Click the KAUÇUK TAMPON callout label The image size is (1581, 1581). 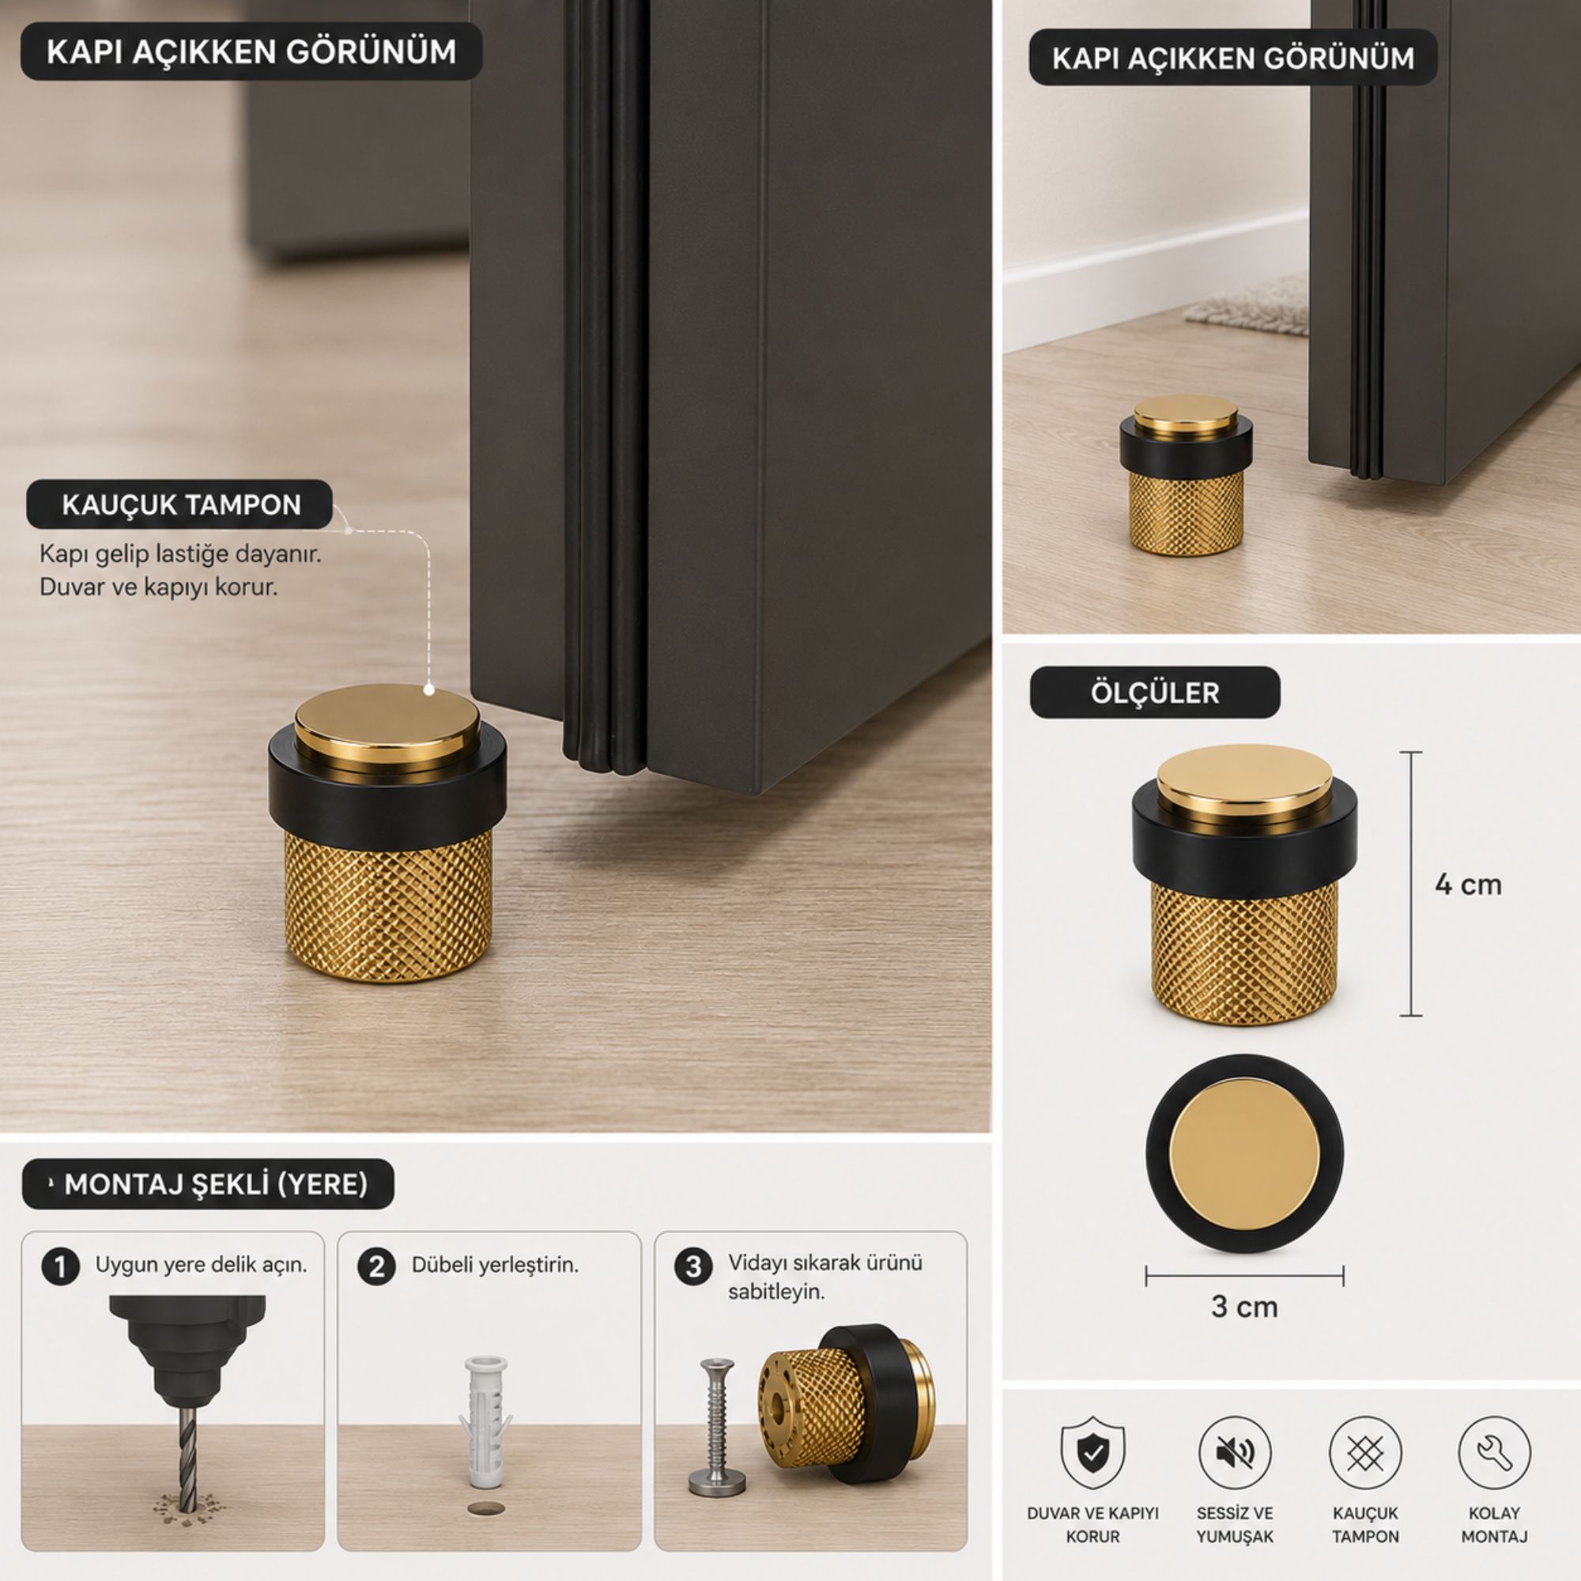coord(180,504)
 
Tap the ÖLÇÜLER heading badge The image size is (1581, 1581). coord(1155,692)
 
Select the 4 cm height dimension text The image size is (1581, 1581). coord(1468,885)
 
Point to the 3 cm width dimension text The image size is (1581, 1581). coord(1243,1307)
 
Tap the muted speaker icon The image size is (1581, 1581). coord(1234,1454)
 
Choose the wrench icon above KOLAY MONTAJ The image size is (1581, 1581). coord(1494,1454)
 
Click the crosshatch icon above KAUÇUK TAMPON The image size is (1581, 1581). coord(1365,1454)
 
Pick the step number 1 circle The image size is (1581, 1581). coord(61,1266)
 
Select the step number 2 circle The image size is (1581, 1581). coord(376,1266)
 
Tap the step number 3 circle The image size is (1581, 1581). coord(693,1266)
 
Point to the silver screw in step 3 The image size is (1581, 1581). coord(718,1427)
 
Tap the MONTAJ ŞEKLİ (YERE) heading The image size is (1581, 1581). coord(208,1184)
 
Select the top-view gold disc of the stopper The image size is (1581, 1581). coord(1243,1154)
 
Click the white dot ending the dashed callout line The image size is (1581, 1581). coord(428,690)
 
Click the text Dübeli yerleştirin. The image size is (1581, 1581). coord(495,1265)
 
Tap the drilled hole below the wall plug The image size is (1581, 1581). coord(486,1508)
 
